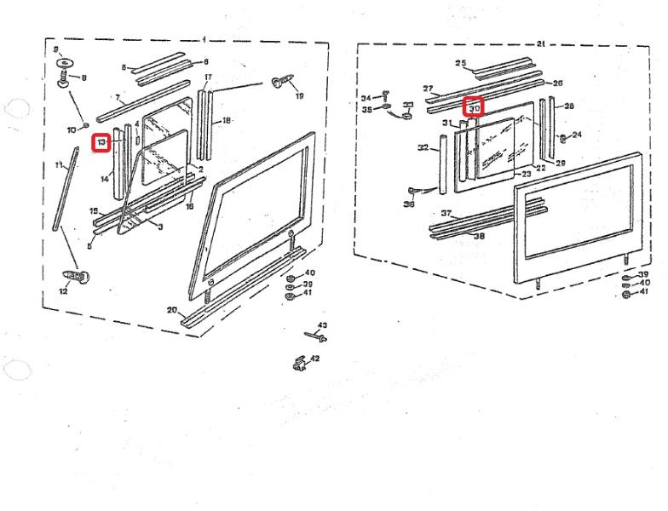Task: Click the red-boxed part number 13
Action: point(101,142)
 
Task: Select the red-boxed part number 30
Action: point(473,107)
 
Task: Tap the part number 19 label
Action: point(299,96)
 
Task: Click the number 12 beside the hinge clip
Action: point(62,291)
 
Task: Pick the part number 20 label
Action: point(171,311)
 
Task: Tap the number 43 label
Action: point(322,326)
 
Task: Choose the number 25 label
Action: point(461,63)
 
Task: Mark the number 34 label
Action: point(366,98)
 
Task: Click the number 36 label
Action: point(409,204)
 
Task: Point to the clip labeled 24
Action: point(562,137)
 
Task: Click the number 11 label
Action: point(59,164)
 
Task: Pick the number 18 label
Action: point(226,121)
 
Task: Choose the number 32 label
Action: point(423,148)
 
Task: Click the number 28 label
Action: point(569,106)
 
